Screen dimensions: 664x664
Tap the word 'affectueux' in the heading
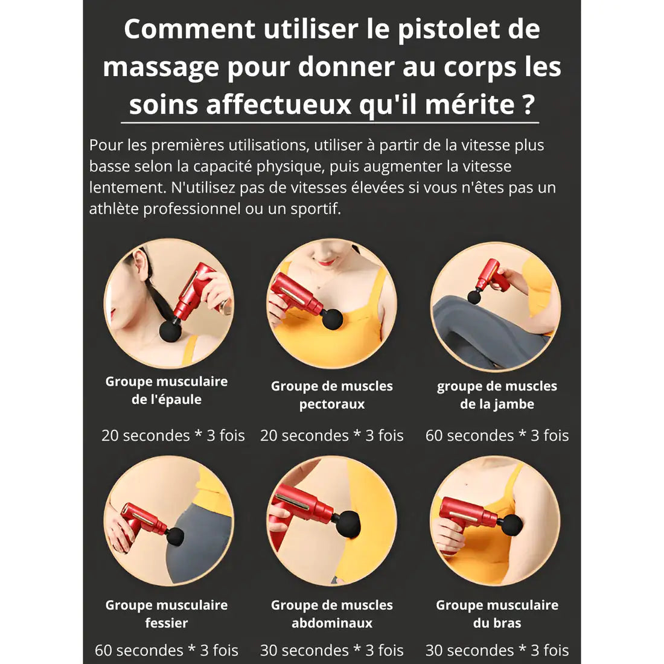click(x=279, y=104)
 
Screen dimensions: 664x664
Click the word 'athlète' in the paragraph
click(x=114, y=208)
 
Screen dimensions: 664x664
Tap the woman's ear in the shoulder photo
click(x=141, y=264)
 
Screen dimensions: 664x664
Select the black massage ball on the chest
click(x=332, y=319)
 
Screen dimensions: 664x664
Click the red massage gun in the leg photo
click(x=491, y=278)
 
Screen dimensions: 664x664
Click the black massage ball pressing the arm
click(x=512, y=526)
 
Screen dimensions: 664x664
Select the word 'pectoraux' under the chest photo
click(x=332, y=404)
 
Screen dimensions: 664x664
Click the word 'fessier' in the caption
click(x=167, y=622)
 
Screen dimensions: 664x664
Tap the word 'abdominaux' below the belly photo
click(x=332, y=623)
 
